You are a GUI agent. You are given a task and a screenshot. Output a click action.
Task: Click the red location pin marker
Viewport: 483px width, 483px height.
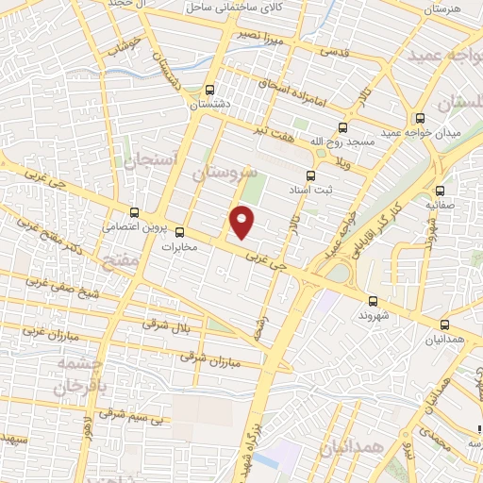click(x=242, y=223)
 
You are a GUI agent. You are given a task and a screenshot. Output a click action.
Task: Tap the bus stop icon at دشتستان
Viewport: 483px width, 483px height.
click(x=208, y=91)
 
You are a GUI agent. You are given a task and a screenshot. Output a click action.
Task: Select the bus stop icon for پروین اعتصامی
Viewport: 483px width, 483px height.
click(x=135, y=213)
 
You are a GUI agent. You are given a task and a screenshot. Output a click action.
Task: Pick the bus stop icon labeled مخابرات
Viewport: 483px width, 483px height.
click(x=179, y=232)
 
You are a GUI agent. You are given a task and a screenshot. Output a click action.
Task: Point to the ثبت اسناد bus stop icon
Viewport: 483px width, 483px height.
click(x=310, y=175)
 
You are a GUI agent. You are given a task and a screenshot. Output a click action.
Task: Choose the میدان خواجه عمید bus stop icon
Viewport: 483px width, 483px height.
click(x=420, y=119)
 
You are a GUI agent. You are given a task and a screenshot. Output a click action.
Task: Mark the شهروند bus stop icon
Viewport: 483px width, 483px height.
click(x=373, y=302)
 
